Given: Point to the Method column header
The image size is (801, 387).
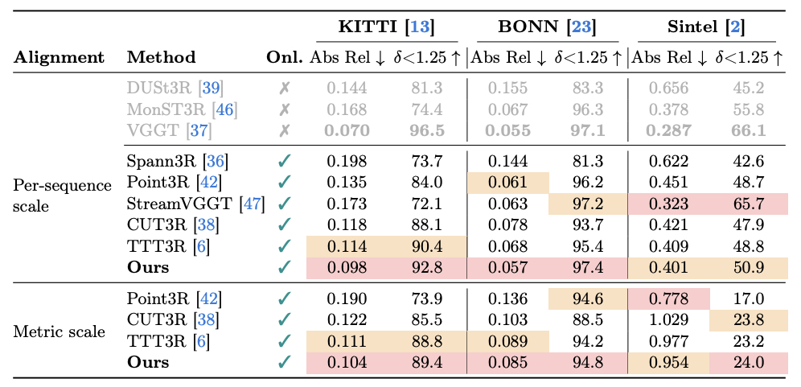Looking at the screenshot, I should point(161,57).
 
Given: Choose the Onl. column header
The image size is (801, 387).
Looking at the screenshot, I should point(285,57).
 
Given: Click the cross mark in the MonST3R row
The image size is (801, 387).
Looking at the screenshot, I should point(283,108).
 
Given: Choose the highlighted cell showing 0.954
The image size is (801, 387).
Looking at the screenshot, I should point(668,361).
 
